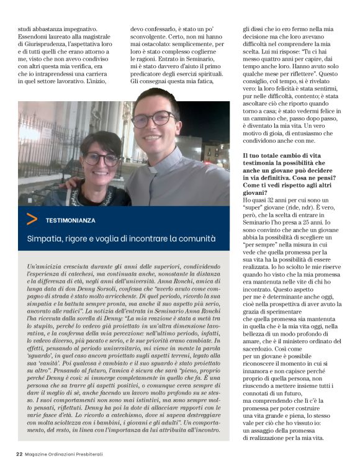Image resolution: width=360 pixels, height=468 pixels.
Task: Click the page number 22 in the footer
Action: (x=20, y=454)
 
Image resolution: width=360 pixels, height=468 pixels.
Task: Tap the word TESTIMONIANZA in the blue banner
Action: (x=71, y=220)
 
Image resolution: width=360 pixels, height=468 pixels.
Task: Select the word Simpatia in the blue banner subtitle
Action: (x=44, y=238)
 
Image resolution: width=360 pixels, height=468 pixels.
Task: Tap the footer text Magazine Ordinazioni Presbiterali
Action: (x=64, y=454)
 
